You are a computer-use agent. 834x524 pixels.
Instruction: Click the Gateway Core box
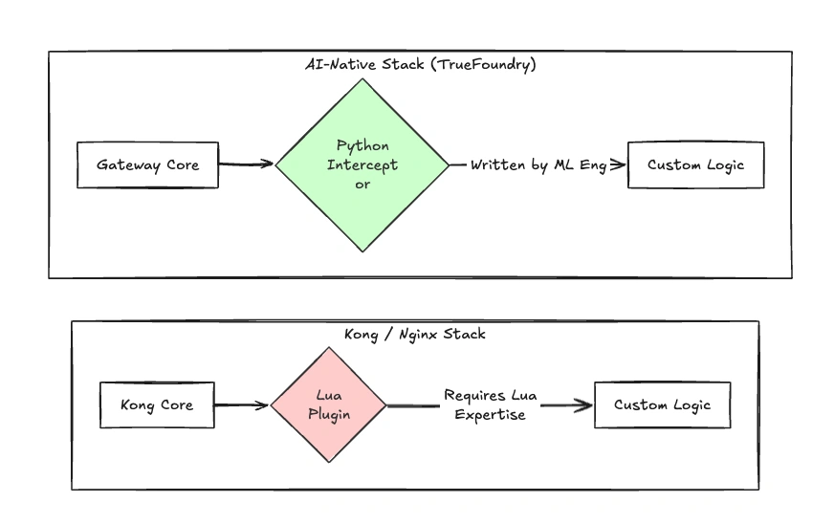tap(147, 164)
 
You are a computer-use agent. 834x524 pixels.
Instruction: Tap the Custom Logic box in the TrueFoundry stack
tap(695, 164)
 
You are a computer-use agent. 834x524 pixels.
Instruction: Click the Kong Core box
tap(157, 404)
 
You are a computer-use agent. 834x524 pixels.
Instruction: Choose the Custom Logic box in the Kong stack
tap(662, 404)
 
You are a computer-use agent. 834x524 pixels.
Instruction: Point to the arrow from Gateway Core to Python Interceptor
tap(247, 164)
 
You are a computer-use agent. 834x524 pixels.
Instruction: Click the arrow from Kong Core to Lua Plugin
tap(242, 404)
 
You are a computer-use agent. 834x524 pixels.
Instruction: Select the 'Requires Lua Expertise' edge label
tap(490, 404)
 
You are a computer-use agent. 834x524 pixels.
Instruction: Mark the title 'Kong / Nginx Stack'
tap(414, 334)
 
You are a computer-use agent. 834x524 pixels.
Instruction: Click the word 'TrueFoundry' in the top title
tap(492, 63)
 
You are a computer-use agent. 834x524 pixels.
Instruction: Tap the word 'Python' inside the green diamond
tap(362, 145)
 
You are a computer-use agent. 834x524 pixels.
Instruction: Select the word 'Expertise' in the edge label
tap(490, 415)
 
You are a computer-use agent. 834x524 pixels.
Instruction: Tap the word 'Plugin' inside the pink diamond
tap(328, 415)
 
